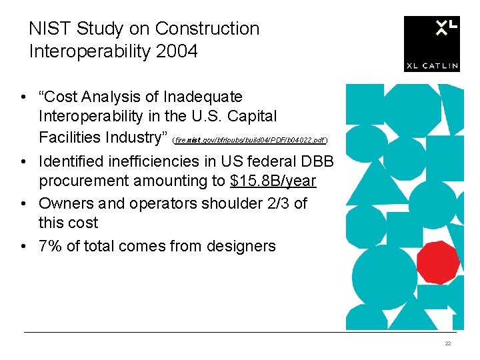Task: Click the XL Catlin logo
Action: pos(431,43)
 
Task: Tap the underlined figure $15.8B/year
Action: pos(273,181)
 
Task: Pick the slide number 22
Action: pos(448,343)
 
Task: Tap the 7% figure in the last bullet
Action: pos(51,246)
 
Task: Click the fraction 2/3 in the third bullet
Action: pos(276,203)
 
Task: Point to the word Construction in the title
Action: pos(207,29)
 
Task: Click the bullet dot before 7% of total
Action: pos(23,247)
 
